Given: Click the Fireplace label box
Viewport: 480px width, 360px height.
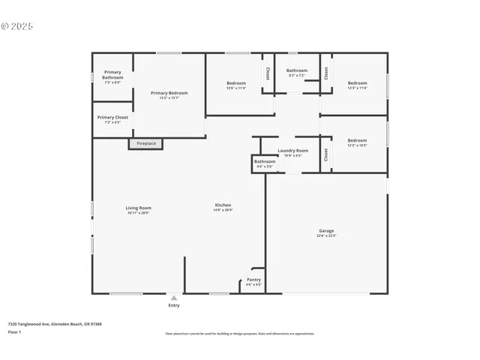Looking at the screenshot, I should [x=145, y=143].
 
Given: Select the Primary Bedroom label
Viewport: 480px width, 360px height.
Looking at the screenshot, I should [x=169, y=93].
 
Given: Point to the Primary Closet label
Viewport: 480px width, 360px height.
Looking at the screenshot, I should [x=112, y=118].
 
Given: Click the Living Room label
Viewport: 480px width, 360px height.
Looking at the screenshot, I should [x=138, y=208].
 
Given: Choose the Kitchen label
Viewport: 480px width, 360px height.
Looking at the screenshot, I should [x=223, y=205].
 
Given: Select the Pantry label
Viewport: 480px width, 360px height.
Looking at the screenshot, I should [x=253, y=280].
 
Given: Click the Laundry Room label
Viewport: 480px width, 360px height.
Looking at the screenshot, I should [x=292, y=151].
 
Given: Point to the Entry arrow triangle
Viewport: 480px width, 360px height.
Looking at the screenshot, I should [x=174, y=298].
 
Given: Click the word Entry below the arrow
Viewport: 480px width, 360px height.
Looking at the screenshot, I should [x=174, y=305].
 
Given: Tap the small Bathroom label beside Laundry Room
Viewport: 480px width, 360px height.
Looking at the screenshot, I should [x=264, y=161].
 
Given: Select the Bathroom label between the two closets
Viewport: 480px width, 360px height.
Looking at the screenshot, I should [x=296, y=70].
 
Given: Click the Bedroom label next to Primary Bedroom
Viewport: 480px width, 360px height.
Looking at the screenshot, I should [x=236, y=83].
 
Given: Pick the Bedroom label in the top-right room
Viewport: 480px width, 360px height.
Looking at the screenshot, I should [x=357, y=83].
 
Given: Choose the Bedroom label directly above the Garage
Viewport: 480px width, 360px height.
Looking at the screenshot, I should [x=357, y=140].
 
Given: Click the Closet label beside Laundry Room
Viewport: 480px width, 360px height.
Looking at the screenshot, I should [x=325, y=154].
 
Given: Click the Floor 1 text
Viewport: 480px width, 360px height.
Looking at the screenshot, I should [x=14, y=331].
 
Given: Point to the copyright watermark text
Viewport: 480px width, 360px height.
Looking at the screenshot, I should [x=17, y=25].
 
